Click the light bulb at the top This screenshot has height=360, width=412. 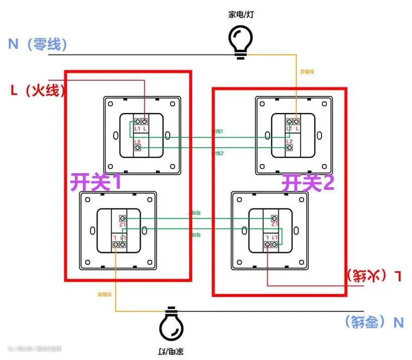[x=241, y=39]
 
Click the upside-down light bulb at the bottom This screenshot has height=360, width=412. [x=171, y=324]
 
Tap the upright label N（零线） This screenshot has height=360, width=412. [x=38, y=44]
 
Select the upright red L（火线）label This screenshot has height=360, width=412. [x=38, y=90]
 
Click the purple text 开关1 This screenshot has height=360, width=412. [x=95, y=182]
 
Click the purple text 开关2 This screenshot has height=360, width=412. [x=307, y=183]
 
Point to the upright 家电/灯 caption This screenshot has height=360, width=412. [x=241, y=14]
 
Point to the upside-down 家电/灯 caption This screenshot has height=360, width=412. [x=171, y=351]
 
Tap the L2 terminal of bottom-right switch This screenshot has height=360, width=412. [x=274, y=218]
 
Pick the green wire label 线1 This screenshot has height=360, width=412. [x=218, y=131]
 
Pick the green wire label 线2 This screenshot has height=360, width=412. [x=218, y=153]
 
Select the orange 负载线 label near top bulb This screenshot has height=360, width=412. [x=306, y=72]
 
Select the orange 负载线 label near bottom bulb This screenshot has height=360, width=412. [x=104, y=294]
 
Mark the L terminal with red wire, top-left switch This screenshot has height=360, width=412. [x=145, y=122]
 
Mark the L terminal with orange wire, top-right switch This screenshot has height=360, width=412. [x=296, y=122]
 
